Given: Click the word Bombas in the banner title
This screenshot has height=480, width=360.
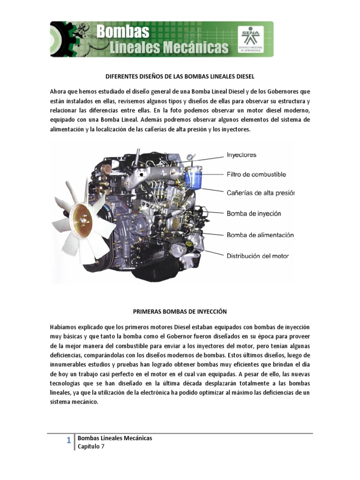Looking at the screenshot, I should pos(123,32).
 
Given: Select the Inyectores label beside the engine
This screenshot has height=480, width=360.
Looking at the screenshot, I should pos(241,154).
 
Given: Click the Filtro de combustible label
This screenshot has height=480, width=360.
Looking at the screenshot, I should pos(256,174).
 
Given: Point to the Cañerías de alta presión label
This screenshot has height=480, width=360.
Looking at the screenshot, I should pos(261,193).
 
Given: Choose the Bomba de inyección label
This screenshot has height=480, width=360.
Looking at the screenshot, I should pos(254,213).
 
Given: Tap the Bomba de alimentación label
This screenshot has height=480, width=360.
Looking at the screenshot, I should pos(260,235).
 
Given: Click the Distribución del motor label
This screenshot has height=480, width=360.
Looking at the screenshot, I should pos(258,256).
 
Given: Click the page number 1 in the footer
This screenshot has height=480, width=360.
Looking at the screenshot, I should pos(68,440).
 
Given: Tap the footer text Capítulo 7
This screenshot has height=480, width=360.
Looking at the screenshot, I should pos(91,447).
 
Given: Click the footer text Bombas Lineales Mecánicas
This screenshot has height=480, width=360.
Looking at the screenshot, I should pos(115,438).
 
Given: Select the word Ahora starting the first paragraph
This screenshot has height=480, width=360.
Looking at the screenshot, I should pos(59,90).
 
